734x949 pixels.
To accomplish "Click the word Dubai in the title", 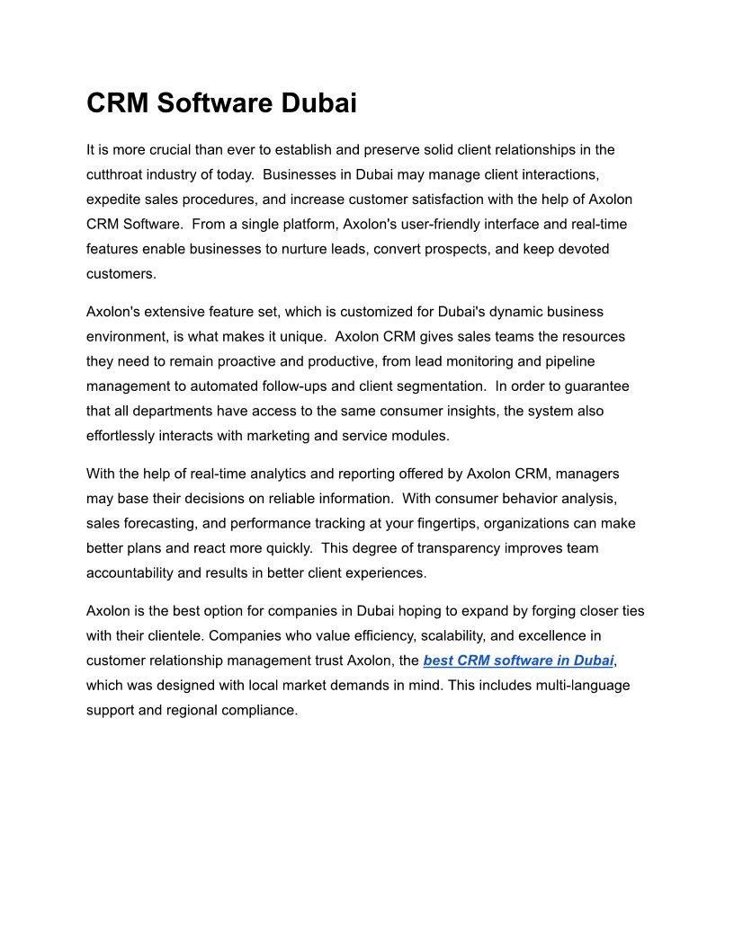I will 319,103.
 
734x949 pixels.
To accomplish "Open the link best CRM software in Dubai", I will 518,661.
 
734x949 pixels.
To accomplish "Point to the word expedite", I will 114,200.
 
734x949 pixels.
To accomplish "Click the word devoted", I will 577,249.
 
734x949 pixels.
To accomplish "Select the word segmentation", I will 438,386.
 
